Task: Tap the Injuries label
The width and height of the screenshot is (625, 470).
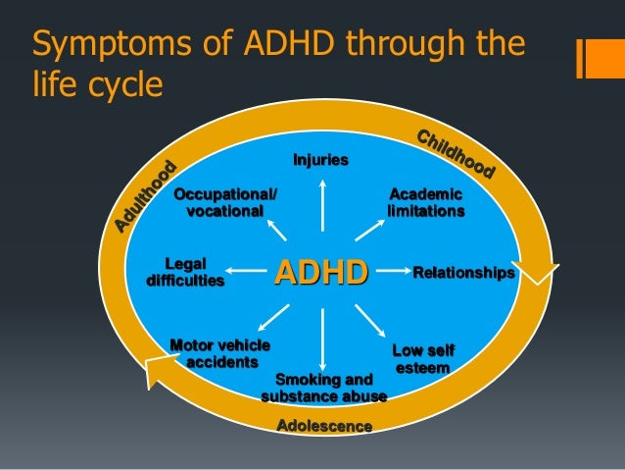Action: (x=321, y=160)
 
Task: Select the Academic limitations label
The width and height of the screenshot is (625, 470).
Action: (x=426, y=203)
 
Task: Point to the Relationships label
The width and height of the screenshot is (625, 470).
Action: (x=463, y=272)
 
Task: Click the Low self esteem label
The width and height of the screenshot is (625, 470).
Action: (x=423, y=359)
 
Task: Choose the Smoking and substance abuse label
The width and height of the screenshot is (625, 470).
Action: (x=323, y=388)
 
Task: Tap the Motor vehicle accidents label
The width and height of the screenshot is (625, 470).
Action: (x=220, y=353)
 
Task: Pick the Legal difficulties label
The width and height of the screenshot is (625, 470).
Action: (x=185, y=272)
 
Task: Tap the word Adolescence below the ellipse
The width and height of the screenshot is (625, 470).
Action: (x=324, y=426)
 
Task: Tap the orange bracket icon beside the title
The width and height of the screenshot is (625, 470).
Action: (x=593, y=59)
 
